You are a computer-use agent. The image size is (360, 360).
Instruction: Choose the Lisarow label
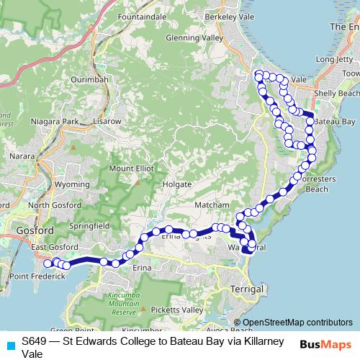click(x=107, y=122)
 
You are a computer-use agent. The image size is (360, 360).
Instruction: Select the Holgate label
click(x=176, y=184)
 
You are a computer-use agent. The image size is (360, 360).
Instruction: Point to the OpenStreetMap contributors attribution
click(x=297, y=322)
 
